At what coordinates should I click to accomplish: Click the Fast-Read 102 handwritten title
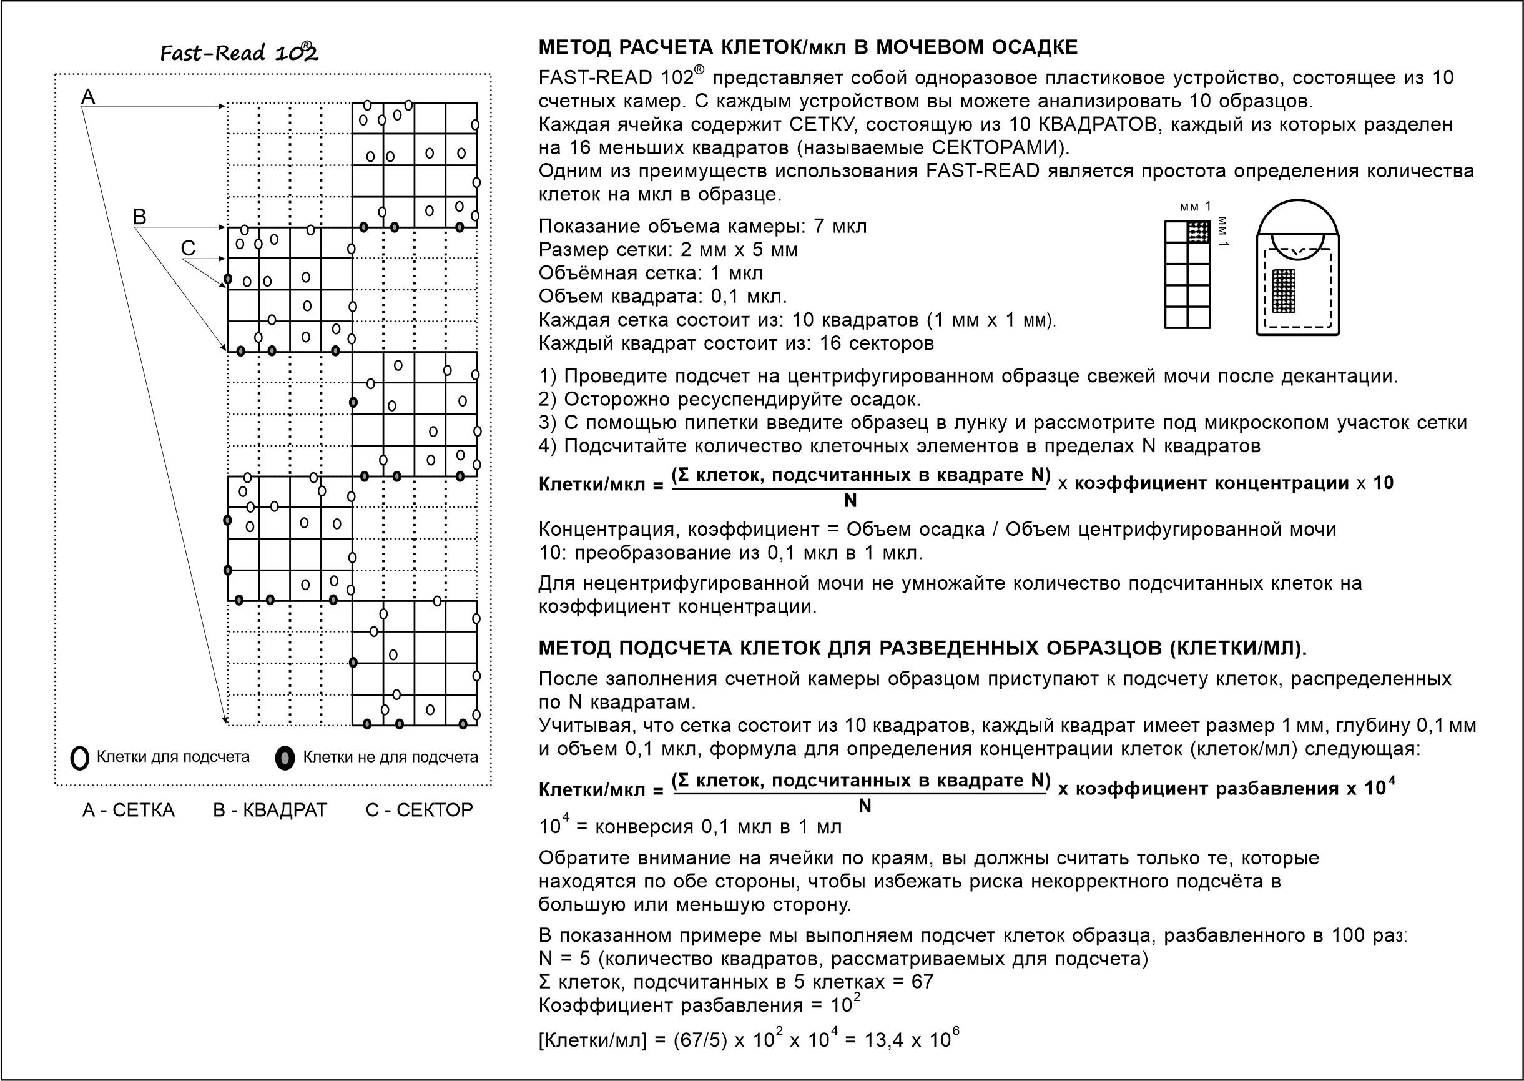click(239, 52)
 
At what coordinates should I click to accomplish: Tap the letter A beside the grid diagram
click(88, 97)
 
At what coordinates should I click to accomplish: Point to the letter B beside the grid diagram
click(140, 216)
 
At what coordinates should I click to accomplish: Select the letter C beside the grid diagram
click(189, 249)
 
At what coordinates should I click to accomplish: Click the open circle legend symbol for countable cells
click(79, 758)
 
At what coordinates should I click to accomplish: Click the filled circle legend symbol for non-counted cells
click(285, 758)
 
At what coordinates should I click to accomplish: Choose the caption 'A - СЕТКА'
click(129, 810)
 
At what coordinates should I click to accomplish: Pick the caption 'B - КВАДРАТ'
click(270, 810)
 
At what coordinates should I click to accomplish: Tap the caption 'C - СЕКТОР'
click(420, 810)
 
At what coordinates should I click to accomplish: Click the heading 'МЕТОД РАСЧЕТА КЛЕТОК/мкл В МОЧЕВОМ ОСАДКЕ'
click(807, 47)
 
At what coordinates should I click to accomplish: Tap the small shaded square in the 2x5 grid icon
click(1199, 232)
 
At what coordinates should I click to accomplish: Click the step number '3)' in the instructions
click(547, 423)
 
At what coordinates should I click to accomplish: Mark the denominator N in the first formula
click(850, 501)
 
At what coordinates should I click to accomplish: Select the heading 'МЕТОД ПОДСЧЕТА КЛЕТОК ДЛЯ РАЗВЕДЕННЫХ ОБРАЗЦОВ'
click(922, 648)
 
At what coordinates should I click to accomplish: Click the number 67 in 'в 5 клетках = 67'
click(922, 982)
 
